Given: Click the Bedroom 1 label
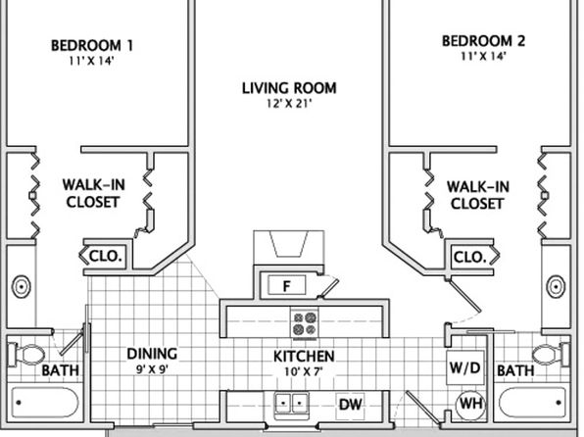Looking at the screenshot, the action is click(92, 45).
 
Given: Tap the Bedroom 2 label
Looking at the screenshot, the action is click(483, 41).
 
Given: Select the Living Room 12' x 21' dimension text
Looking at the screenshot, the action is click(289, 104).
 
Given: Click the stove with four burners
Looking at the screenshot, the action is click(305, 323).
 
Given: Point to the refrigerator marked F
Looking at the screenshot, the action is click(286, 286).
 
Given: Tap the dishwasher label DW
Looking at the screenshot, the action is click(350, 404).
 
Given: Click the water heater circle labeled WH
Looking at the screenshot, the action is click(471, 404).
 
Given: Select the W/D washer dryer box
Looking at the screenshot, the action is click(465, 367).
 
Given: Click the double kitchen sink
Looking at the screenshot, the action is click(292, 403).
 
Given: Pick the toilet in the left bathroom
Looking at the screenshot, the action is click(26, 355).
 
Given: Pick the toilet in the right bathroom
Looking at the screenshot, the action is click(551, 355).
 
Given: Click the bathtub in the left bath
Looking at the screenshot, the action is click(45, 403).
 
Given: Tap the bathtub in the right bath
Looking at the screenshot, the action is click(533, 403).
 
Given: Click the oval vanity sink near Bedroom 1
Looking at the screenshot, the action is click(22, 286).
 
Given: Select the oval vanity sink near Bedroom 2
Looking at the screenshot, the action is click(556, 286).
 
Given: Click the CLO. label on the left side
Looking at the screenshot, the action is click(106, 257).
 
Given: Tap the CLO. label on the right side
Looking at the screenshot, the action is click(469, 257).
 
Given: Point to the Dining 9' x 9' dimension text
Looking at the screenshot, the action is click(152, 369).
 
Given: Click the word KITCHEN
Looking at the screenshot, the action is click(304, 357).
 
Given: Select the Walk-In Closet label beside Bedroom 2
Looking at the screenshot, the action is click(478, 195).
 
